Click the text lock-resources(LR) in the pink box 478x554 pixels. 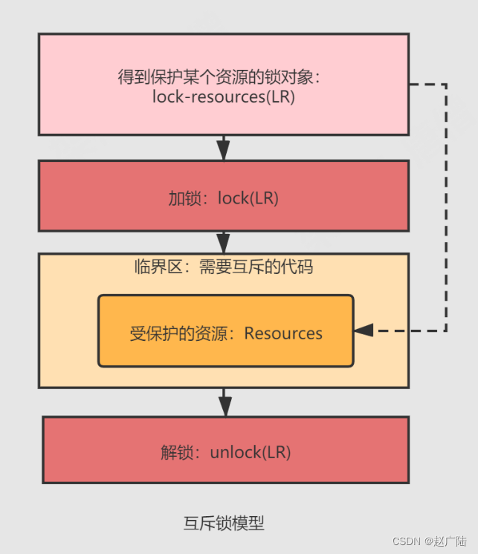coord(223,97)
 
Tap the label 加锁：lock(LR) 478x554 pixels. coord(223,198)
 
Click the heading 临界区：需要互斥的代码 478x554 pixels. coord(223,267)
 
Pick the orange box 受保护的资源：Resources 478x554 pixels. coord(225,331)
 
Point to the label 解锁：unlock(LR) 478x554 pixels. coord(225,452)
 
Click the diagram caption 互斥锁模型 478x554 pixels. coord(224,523)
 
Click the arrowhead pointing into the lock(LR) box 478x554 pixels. coord(223,151)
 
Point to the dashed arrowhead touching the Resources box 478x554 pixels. coord(363,330)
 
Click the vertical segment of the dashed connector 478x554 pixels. coord(446,208)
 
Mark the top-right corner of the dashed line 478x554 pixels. coord(446,85)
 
